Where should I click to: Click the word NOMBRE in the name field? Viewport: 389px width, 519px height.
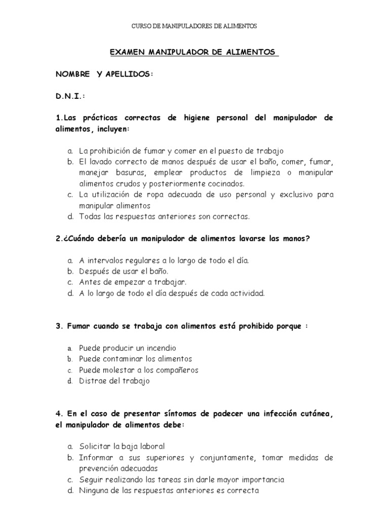[72, 74]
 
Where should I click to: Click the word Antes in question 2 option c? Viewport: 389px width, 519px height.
[89, 282]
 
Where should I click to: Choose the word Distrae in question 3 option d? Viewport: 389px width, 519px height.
[92, 381]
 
